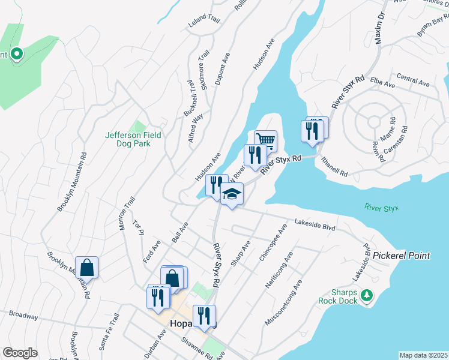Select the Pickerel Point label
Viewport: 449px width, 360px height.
(x=401, y=256)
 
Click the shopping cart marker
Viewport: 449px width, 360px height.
(x=265, y=141)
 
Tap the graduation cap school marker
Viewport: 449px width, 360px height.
(x=232, y=194)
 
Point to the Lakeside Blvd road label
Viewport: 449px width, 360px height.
(x=314, y=224)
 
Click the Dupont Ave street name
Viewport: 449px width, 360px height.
(x=223, y=68)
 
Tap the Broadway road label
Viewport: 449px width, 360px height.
(x=23, y=315)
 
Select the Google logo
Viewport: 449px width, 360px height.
(x=20, y=353)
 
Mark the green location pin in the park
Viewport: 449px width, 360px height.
(x=16, y=54)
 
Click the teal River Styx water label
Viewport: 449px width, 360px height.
(x=381, y=208)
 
